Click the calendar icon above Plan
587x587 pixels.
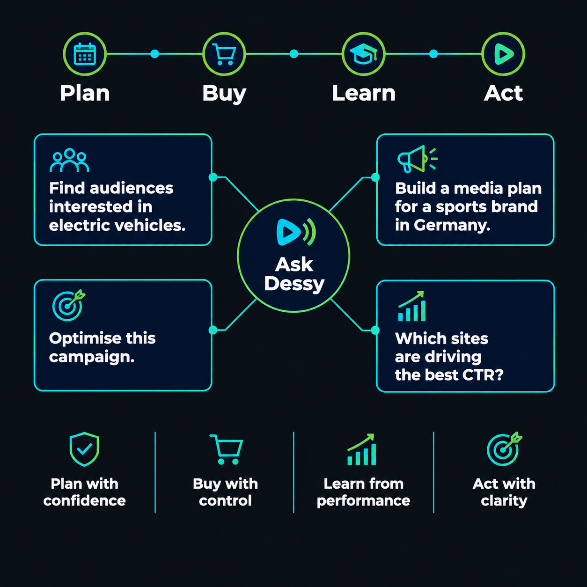click(x=85, y=54)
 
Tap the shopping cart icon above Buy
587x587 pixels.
click(x=224, y=54)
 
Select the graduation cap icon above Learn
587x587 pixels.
click(x=363, y=54)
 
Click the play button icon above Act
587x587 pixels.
click(x=504, y=54)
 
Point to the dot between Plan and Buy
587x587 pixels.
click(x=155, y=54)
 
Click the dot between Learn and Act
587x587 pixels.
click(x=433, y=54)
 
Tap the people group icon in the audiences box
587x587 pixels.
click(x=69, y=160)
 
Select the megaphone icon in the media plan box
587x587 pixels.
click(x=418, y=159)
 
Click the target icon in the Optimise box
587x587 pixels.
click(x=68, y=305)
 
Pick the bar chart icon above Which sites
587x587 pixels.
click(x=411, y=306)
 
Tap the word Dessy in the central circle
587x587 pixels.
click(x=294, y=284)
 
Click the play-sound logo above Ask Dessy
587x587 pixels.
click(x=296, y=232)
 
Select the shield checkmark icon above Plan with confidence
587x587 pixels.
click(x=84, y=449)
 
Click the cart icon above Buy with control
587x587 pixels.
click(x=227, y=449)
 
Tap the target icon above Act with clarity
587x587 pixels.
click(x=504, y=449)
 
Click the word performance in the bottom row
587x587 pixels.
click(x=363, y=501)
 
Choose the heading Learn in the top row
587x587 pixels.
click(x=364, y=93)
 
